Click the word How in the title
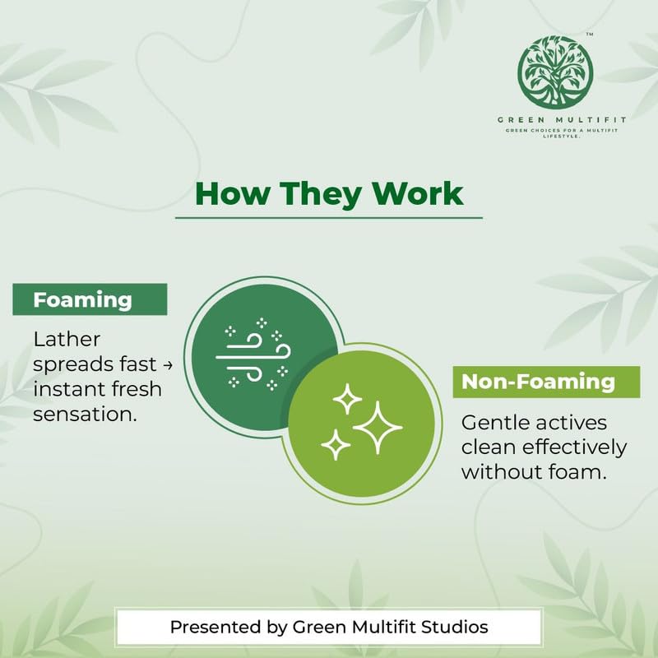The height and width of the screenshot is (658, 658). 233,193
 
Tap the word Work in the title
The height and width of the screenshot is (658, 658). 419,193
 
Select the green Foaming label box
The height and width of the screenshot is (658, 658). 90,299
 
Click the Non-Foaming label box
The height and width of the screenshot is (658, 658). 546,382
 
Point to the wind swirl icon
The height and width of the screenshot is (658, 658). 253,354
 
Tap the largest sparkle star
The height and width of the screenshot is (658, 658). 378,427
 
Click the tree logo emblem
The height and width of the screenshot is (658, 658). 555,72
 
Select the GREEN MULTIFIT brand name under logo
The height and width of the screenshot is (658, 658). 562,120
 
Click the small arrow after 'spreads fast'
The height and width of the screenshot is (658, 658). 168,364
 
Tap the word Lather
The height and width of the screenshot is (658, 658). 67,339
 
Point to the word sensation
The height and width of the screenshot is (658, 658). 86,415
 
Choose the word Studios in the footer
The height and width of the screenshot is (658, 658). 455,627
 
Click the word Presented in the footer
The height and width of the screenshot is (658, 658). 216,627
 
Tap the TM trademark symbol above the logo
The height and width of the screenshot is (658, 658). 590,35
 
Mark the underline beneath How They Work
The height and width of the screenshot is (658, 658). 328,218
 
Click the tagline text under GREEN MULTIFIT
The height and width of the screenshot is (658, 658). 562,133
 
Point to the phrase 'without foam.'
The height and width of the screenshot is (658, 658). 534,472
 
